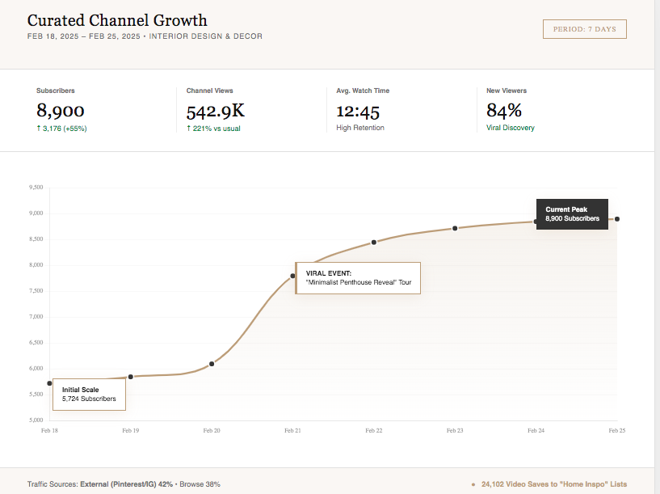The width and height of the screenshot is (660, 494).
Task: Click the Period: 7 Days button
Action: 584,29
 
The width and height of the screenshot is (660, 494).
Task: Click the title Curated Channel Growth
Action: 117,21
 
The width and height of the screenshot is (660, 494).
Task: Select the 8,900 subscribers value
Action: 61,111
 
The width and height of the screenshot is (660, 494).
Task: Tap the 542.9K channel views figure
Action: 215,112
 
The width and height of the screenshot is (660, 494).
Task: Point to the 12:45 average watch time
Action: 358,112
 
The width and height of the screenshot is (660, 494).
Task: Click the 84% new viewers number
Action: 504,111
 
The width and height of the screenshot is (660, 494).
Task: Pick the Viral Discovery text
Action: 510,128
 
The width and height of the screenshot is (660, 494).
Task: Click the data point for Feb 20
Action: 212,364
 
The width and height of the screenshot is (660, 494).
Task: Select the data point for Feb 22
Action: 374,242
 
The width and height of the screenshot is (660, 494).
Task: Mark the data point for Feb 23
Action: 455,228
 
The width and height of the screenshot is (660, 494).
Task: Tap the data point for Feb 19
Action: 131,377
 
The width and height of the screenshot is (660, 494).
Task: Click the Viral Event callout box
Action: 358,278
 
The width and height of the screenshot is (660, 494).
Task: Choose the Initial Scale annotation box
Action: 89,394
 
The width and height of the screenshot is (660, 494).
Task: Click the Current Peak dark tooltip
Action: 572,214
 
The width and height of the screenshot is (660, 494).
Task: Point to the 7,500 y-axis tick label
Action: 36,291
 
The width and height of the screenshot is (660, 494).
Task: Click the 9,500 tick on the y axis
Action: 36,188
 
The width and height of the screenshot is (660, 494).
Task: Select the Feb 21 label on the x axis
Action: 292,431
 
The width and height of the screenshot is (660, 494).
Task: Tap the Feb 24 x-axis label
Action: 536,431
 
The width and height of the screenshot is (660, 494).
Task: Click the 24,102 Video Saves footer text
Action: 553,484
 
